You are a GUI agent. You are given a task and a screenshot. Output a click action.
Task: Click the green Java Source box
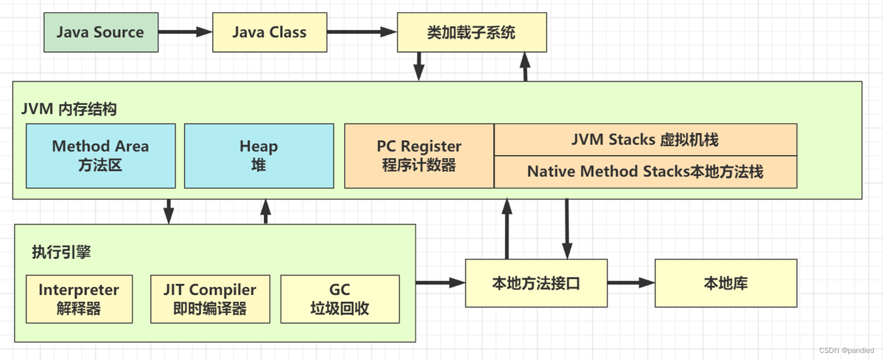(101, 32)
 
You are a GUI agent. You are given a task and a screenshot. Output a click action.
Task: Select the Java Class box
(269, 32)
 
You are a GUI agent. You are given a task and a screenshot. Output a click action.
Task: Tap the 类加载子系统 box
(471, 32)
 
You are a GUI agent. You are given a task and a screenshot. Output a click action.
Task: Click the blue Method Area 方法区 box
(101, 156)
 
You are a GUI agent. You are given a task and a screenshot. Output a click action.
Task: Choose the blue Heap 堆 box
(259, 156)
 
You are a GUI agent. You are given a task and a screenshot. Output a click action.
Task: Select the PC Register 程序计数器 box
(419, 156)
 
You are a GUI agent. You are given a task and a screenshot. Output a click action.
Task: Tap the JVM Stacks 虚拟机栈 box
(645, 140)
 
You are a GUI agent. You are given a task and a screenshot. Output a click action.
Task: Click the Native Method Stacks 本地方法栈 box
(645, 171)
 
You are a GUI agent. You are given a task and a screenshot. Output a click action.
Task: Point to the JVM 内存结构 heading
(69, 109)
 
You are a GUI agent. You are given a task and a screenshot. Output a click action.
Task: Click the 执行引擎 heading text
(61, 253)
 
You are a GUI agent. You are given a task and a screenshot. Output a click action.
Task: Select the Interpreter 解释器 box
(79, 299)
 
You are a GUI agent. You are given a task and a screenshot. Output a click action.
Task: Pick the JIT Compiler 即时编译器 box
(210, 299)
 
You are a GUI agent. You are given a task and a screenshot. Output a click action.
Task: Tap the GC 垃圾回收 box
(340, 299)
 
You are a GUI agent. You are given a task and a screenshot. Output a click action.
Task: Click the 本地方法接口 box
(536, 283)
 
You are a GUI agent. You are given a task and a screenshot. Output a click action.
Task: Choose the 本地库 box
(726, 283)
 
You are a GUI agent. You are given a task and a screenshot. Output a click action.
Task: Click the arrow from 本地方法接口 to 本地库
(631, 283)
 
